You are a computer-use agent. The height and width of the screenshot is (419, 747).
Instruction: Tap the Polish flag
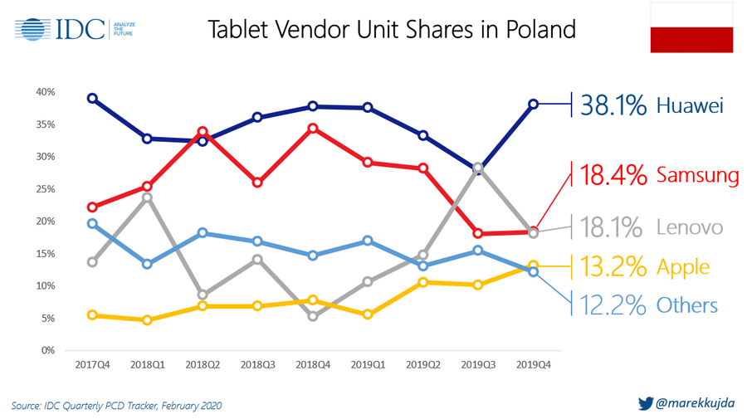click(691, 27)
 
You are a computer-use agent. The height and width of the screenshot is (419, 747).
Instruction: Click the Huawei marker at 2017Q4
click(92, 98)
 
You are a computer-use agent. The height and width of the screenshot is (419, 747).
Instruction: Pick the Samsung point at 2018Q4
click(313, 128)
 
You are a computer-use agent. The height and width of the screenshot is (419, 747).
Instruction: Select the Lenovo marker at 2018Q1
click(147, 197)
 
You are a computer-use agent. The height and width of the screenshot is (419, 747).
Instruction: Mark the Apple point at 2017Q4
click(92, 315)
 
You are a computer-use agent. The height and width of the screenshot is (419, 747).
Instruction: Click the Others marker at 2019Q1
click(368, 241)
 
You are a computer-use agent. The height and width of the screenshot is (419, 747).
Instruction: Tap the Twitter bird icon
click(645, 404)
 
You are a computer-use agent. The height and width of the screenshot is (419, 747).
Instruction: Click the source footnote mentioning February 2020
click(116, 406)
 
